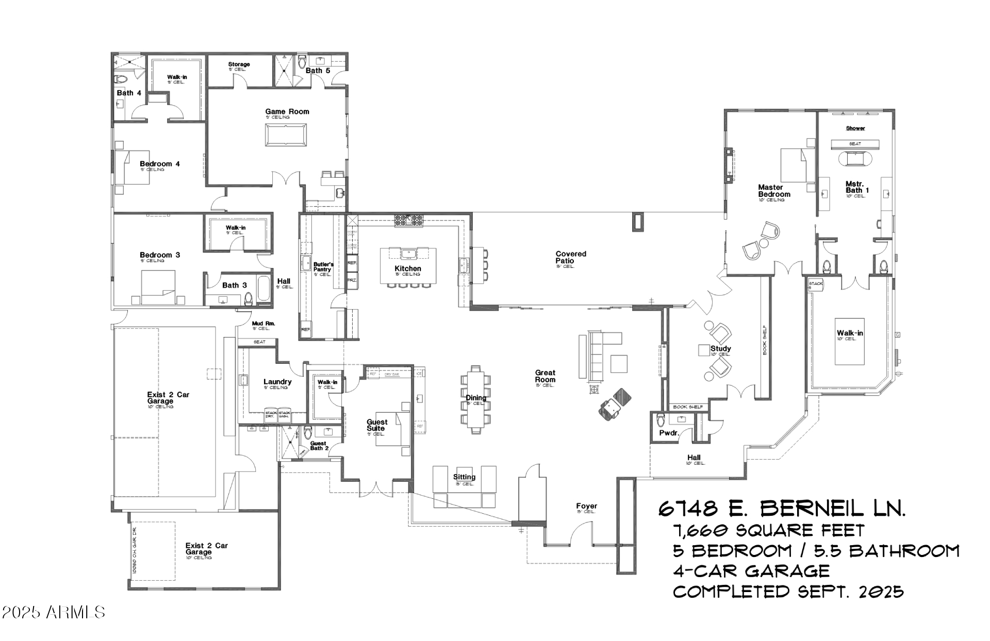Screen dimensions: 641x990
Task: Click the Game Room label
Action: (287, 111)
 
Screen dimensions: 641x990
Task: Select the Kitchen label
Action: (407, 268)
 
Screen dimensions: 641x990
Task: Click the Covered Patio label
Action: (570, 257)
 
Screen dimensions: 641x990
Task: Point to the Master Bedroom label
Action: (773, 191)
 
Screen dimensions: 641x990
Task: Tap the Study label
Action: (720, 349)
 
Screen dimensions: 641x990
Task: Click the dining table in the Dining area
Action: (476, 399)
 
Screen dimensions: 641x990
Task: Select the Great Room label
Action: (545, 376)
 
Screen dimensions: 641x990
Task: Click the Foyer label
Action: (586, 507)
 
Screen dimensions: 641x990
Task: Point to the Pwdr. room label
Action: (668, 433)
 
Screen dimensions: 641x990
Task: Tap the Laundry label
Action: (277, 382)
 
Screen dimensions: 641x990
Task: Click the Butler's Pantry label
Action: (323, 267)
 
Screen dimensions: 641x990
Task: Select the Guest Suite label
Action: (376, 425)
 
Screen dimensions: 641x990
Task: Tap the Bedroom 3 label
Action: (160, 255)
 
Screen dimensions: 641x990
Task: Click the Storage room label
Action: (239, 64)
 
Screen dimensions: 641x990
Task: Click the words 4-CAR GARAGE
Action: (751, 571)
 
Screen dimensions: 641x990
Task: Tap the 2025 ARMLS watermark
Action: (53, 612)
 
